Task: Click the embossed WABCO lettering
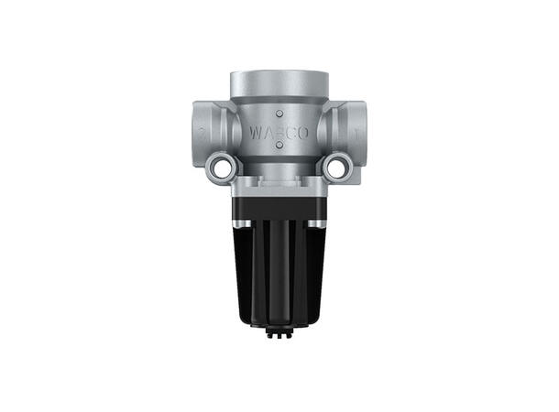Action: [279, 133]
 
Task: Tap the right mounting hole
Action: [337, 167]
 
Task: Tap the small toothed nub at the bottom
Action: [279, 333]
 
